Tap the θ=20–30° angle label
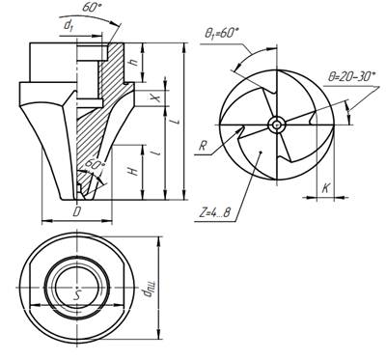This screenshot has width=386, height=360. [351, 77]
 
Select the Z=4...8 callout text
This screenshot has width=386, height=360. [212, 212]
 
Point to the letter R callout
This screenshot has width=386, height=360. [203, 146]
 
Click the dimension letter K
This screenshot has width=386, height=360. [326, 188]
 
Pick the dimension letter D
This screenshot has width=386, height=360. [76, 212]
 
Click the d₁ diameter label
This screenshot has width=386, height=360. [69, 25]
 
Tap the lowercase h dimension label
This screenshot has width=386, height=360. [134, 61]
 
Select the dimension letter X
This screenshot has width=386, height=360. [157, 97]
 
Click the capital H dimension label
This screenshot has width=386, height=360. [134, 171]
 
